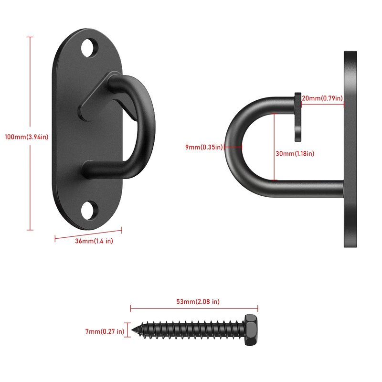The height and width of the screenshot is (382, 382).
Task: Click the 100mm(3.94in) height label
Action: [27, 137]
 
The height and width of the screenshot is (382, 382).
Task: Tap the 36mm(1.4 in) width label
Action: [94, 241]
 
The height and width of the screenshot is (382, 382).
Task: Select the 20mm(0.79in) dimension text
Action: [322, 98]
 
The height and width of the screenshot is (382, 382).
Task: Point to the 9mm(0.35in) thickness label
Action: [204, 147]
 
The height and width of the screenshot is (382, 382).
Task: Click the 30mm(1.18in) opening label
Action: [295, 153]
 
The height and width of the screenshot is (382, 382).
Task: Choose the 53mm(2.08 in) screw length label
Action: [198, 302]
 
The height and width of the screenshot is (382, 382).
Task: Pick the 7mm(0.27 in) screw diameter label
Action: [105, 331]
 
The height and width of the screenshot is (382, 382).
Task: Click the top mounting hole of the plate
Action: [89, 48]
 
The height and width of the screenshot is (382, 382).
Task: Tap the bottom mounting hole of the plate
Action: [89, 211]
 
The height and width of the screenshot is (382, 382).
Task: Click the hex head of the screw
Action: [251, 330]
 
